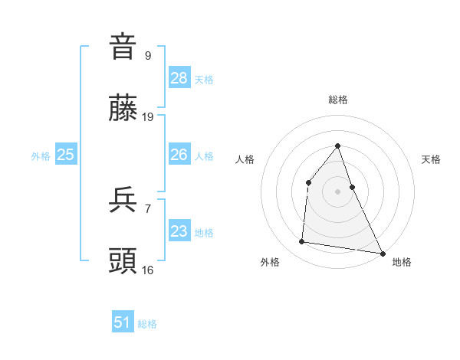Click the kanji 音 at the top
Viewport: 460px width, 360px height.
tap(123, 47)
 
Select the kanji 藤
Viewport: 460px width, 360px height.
tap(123, 109)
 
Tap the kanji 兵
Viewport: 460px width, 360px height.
tap(123, 201)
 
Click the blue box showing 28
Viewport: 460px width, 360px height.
tap(179, 78)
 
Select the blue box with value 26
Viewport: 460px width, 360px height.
tap(179, 155)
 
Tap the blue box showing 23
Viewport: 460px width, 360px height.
tap(179, 231)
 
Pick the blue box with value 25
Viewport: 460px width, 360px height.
tap(66, 155)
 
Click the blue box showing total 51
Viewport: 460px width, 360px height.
tap(123, 322)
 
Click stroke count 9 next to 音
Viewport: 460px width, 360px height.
tap(147, 55)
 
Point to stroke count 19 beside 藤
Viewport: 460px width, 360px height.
tap(149, 117)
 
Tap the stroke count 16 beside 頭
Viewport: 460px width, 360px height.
tap(149, 270)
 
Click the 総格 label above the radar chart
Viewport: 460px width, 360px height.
tap(338, 100)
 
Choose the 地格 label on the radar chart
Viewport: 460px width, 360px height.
tap(402, 262)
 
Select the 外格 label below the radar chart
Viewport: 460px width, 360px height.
tap(270, 262)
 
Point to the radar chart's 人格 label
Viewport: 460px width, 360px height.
tap(245, 159)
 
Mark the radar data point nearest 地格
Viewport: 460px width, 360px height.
tap(382, 252)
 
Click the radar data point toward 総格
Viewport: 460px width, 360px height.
tap(338, 146)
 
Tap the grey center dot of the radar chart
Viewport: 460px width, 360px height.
tap(338, 191)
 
